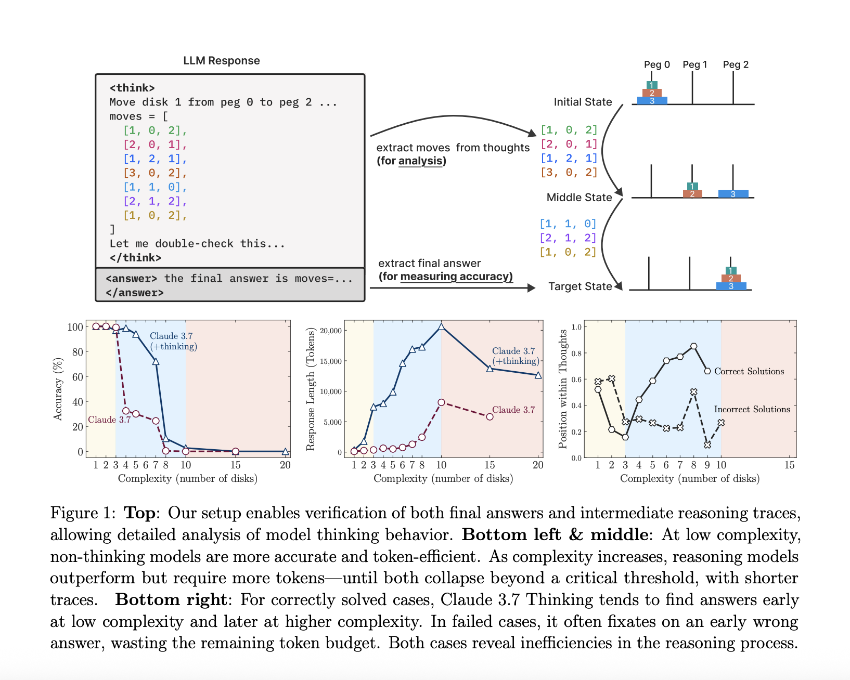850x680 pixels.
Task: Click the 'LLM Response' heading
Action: [221, 61]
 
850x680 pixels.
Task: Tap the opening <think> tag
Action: [132, 88]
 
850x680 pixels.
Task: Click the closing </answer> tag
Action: [135, 293]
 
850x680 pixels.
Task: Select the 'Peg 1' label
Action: [694, 64]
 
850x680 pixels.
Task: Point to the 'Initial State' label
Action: [583, 102]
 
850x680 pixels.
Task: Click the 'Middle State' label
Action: [579, 198]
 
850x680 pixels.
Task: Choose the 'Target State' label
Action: [580, 286]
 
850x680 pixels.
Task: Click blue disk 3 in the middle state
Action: [733, 194]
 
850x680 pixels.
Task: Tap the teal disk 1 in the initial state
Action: [652, 85]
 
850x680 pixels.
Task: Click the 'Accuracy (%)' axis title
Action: [58, 388]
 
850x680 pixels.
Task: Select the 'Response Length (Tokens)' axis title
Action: [311, 389]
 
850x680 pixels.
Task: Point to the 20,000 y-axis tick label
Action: [331, 331]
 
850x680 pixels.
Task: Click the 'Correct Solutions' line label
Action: [749, 371]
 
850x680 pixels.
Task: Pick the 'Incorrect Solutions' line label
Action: [752, 409]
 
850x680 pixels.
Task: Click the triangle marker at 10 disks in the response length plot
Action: [441, 326]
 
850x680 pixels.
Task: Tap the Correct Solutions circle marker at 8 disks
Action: [693, 346]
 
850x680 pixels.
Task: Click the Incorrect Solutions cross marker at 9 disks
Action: [707, 445]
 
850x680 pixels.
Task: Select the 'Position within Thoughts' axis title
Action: [562, 388]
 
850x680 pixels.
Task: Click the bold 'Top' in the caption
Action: [139, 513]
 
